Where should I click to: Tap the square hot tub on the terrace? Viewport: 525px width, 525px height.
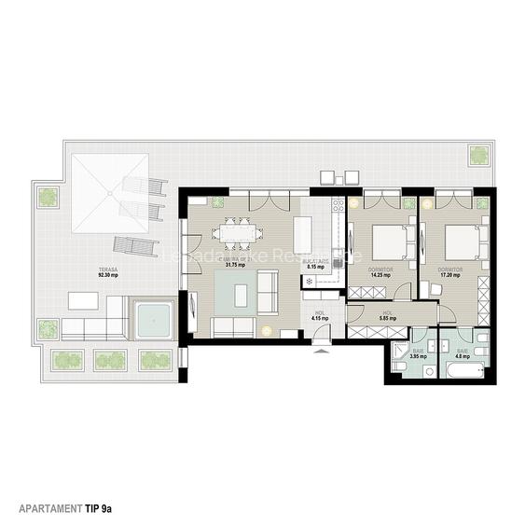click(x=153, y=320)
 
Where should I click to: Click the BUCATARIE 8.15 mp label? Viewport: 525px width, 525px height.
click(x=318, y=264)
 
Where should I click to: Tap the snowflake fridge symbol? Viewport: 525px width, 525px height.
click(x=311, y=280)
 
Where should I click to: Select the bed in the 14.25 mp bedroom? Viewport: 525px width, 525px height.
click(x=387, y=244)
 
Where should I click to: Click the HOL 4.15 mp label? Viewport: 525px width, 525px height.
click(x=319, y=317)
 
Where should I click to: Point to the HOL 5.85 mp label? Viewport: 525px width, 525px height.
click(x=387, y=315)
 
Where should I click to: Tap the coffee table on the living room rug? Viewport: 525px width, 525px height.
click(x=242, y=295)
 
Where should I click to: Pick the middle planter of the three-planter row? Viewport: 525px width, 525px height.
click(x=109, y=360)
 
